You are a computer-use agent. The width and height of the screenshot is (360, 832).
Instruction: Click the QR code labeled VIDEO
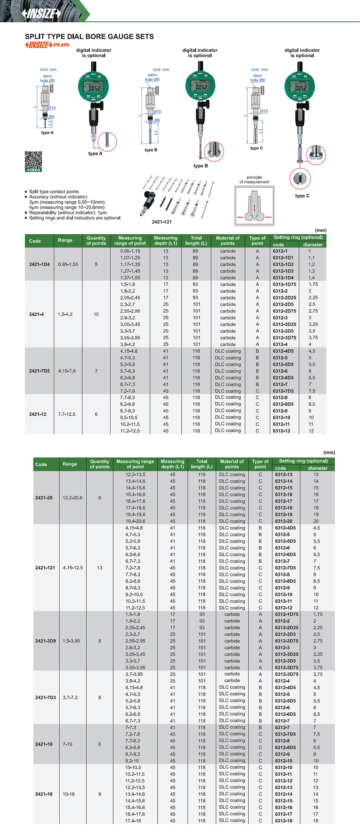click(x=33, y=161)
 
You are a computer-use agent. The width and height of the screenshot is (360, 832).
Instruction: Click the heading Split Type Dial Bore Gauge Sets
click(x=89, y=36)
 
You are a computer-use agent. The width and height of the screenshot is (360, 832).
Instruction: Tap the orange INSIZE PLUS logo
click(x=47, y=45)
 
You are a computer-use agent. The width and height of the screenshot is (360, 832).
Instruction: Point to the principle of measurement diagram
click(x=254, y=206)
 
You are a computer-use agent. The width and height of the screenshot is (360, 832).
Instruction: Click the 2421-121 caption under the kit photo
click(x=162, y=222)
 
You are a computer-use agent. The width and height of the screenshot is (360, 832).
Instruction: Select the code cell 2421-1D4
click(x=39, y=264)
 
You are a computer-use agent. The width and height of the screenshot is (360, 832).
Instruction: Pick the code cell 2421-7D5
click(x=39, y=371)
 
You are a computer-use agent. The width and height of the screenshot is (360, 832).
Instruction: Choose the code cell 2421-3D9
click(x=45, y=641)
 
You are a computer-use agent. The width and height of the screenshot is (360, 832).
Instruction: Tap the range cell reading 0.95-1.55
click(x=68, y=264)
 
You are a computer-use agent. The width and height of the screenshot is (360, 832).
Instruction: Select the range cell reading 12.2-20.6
click(x=72, y=498)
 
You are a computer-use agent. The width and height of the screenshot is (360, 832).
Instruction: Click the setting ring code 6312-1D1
click(x=283, y=258)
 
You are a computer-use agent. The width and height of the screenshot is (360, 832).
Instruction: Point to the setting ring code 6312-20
click(x=284, y=521)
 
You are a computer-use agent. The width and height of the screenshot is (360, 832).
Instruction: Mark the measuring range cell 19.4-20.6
click(x=135, y=521)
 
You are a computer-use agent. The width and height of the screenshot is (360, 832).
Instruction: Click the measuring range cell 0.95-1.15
click(x=130, y=251)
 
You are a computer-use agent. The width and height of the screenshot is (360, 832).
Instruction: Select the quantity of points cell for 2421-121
click(x=100, y=568)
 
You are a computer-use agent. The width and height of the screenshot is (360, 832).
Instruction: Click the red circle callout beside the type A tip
click(x=107, y=142)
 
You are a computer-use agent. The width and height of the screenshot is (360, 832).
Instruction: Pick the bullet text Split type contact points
click(x=54, y=192)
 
